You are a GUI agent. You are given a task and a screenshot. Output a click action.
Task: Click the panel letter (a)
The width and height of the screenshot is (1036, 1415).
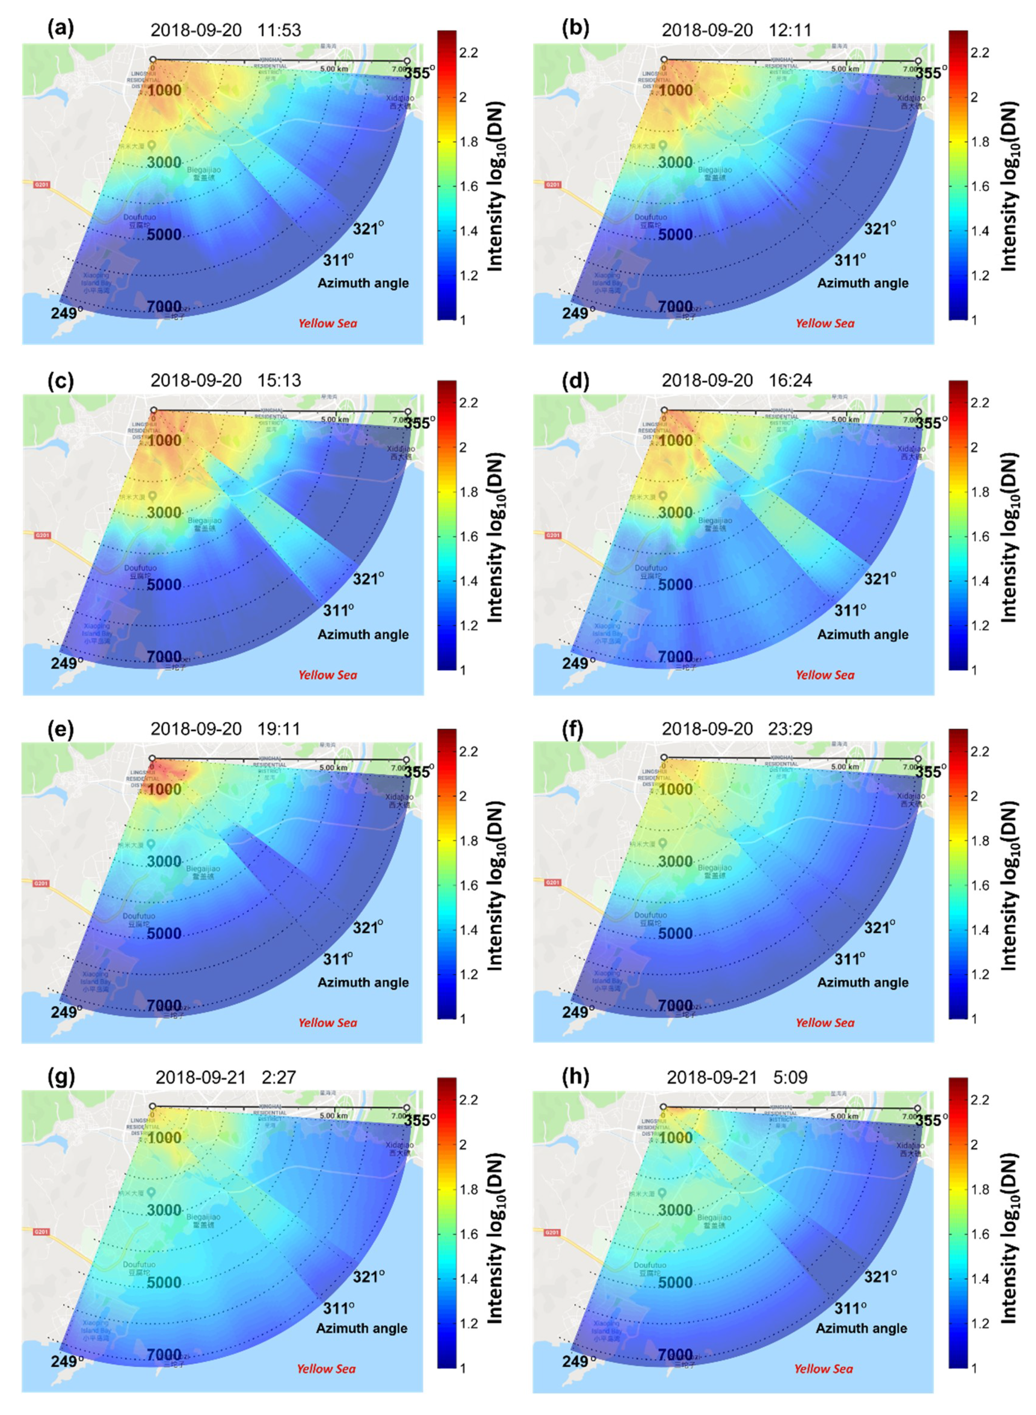click(x=60, y=28)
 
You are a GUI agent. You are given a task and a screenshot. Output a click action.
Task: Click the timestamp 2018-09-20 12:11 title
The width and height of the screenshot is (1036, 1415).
click(x=736, y=30)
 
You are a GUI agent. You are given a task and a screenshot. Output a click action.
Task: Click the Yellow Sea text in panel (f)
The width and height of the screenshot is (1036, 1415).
click(x=825, y=1022)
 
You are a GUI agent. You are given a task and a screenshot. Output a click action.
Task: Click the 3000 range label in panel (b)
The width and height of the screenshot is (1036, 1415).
click(x=675, y=162)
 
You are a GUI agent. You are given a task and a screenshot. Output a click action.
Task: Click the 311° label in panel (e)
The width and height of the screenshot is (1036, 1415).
click(x=338, y=959)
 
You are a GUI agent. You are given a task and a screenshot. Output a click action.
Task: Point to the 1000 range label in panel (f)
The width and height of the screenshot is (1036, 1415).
click(x=675, y=790)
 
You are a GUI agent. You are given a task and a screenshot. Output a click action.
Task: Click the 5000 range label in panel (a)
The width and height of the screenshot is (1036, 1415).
click(x=164, y=235)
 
